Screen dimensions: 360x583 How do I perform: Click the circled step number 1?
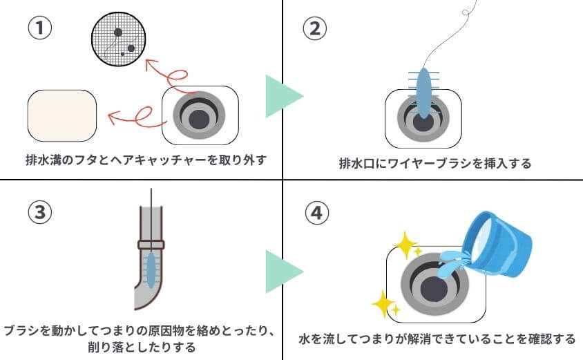[39, 28]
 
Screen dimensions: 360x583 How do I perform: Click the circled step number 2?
[315, 28]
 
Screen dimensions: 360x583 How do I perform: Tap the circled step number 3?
[39, 213]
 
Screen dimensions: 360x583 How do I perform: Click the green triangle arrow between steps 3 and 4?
[282, 272]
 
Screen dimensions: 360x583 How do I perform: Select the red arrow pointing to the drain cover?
[135, 114]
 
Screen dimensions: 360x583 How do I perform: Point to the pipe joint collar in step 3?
[151, 244]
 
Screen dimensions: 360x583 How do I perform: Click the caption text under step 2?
[434, 164]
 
